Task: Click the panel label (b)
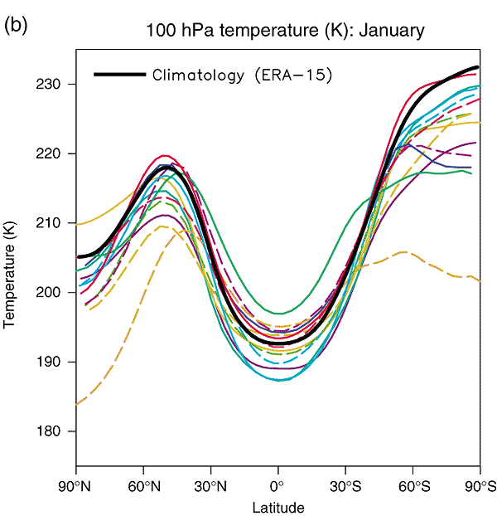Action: point(16,26)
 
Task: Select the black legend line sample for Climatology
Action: point(120,75)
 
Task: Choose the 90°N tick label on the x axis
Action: point(76,484)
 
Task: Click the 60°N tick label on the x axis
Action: point(143,484)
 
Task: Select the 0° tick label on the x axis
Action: point(278,484)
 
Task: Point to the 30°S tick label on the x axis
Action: point(345,484)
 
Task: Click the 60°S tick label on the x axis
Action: point(413,484)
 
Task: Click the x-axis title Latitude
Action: point(278,507)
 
